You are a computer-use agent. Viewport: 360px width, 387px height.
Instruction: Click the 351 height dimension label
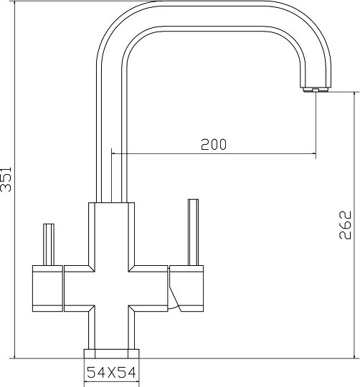[x=6, y=179]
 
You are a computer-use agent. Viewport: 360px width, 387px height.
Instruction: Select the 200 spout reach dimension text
[x=214, y=144]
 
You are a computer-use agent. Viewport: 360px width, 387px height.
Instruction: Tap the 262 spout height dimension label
[x=345, y=225]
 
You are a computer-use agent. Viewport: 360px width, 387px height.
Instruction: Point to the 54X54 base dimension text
[x=111, y=373]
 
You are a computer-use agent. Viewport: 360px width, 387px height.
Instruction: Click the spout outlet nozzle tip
[x=316, y=90]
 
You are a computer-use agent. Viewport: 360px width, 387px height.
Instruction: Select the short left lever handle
[x=49, y=244]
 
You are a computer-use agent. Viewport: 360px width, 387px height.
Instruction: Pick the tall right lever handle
[x=193, y=232]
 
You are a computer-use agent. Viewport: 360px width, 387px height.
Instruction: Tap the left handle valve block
[x=47, y=288]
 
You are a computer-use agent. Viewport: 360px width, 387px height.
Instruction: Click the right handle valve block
[x=186, y=288]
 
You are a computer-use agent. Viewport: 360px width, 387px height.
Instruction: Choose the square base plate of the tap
[x=111, y=354]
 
